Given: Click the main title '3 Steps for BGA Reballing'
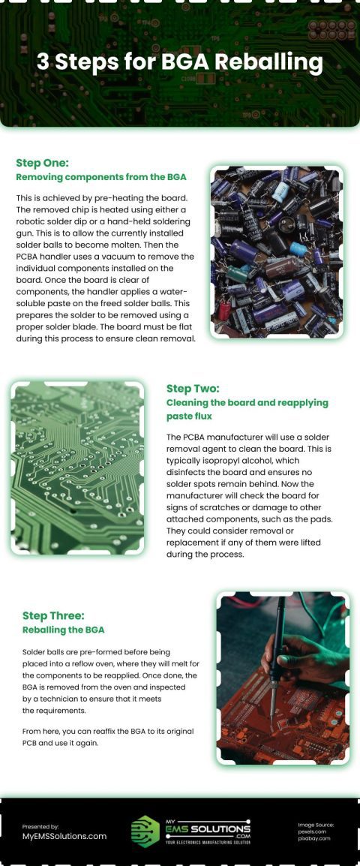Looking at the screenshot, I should [x=180, y=62].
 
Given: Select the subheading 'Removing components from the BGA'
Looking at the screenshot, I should [x=100, y=177].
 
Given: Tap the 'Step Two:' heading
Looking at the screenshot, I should [x=193, y=388].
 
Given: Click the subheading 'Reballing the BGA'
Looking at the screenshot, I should [x=63, y=630].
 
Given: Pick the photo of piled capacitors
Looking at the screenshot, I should [x=276, y=252].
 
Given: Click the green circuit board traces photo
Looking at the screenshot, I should [x=77, y=468].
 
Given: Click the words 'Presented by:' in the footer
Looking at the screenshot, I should [x=40, y=826].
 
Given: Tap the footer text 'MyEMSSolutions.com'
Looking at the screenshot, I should [x=64, y=836].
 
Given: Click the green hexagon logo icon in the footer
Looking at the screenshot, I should [x=145, y=831].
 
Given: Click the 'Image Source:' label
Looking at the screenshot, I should [x=316, y=825].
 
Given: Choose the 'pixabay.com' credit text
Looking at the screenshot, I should [x=313, y=838].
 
